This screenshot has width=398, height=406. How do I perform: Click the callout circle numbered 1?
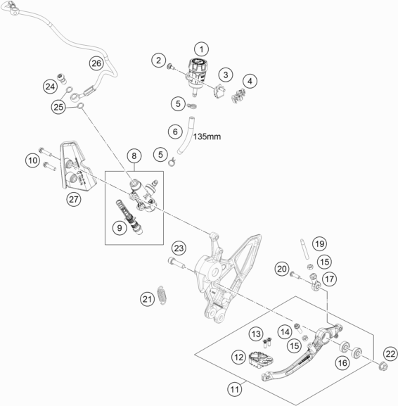click(202, 49)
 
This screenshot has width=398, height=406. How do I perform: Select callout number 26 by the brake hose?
click(96, 64)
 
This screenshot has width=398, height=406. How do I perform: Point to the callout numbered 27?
click(74, 199)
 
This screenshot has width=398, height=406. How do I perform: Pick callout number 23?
click(178, 248)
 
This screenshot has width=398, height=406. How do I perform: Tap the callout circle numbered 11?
click(234, 386)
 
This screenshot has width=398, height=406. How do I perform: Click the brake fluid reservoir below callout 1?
click(195, 72)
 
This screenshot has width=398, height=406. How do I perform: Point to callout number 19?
click(320, 243)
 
